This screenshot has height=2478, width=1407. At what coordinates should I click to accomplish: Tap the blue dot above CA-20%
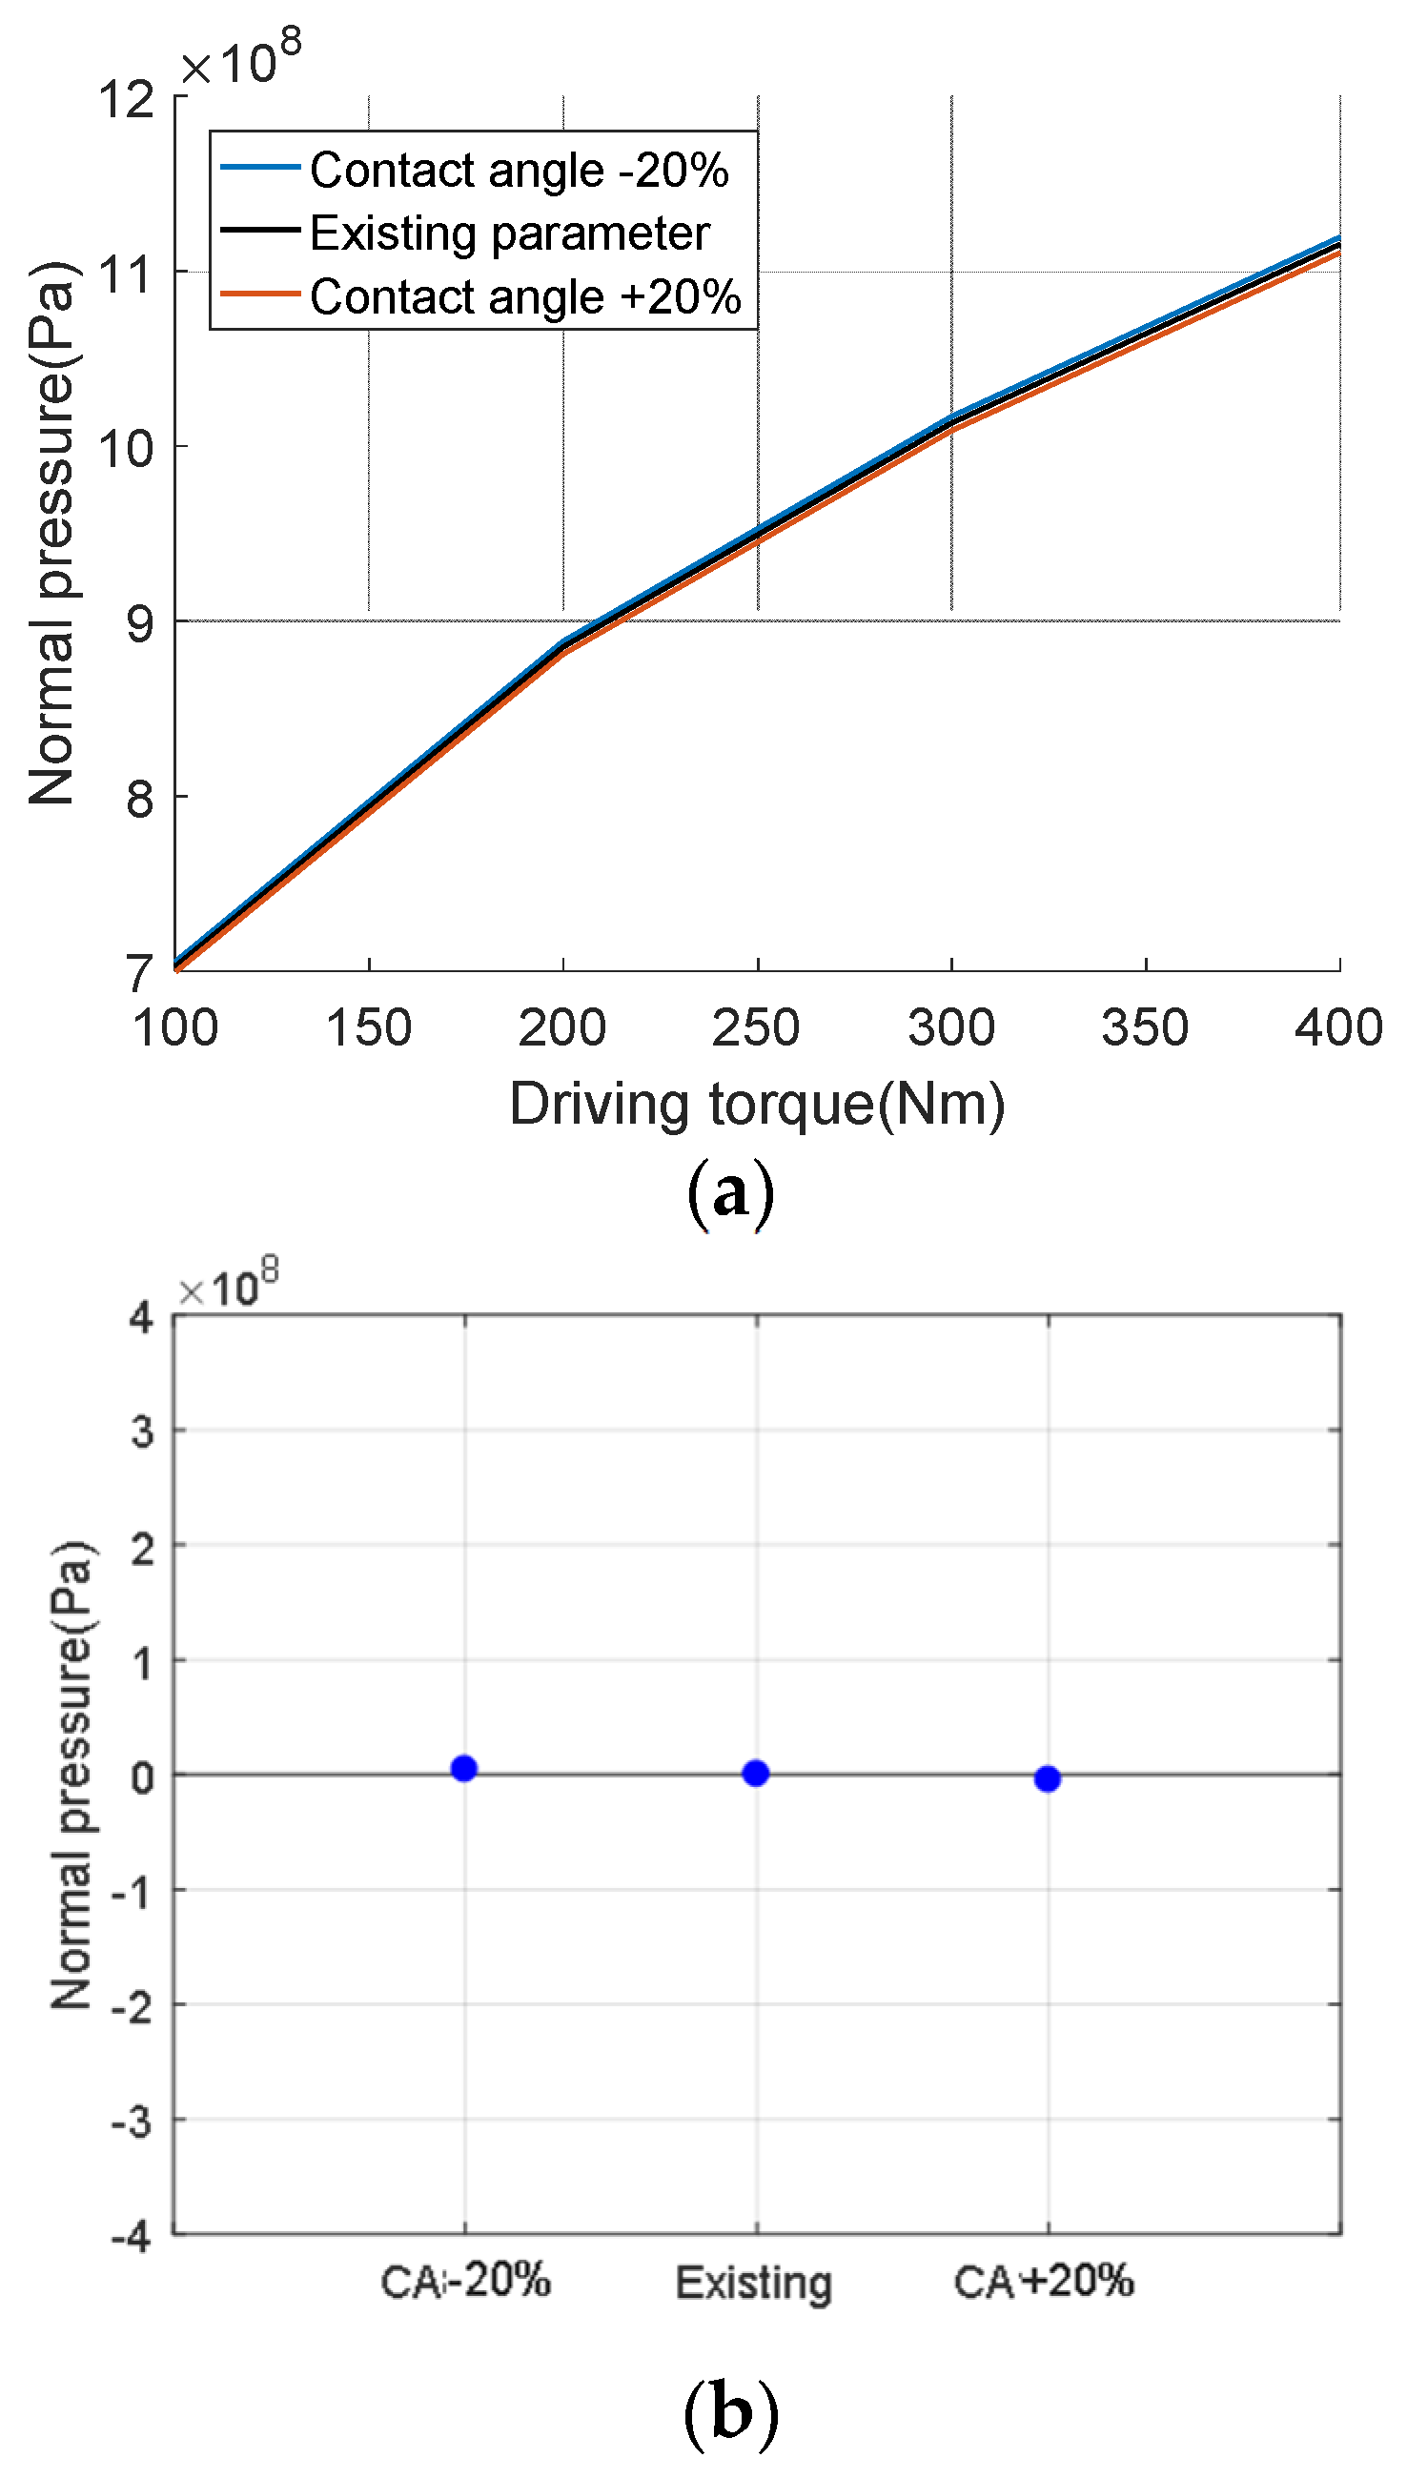pos(464,1768)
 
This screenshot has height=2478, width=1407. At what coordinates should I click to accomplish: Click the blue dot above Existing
pos(756,1773)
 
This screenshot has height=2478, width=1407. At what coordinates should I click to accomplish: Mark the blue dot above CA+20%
pos(1048,1778)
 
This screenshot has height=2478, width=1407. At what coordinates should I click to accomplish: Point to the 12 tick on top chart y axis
pos(126,98)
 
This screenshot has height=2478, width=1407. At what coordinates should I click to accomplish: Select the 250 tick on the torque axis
pos(756,1027)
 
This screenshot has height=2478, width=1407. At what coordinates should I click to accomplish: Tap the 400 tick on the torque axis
pos(1338,1027)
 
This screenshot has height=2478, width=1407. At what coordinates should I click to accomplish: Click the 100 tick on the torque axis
pos(174,1027)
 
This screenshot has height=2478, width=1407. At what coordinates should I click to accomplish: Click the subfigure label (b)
pos(729,2412)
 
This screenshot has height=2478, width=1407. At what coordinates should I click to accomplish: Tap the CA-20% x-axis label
pos(465,2281)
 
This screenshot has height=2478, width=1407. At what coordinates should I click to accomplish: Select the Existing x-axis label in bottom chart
pos(754,2283)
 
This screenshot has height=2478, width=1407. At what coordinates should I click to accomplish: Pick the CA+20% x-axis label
pos(1044,2281)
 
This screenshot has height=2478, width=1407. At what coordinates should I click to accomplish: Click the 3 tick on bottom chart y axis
pos(142,1431)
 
